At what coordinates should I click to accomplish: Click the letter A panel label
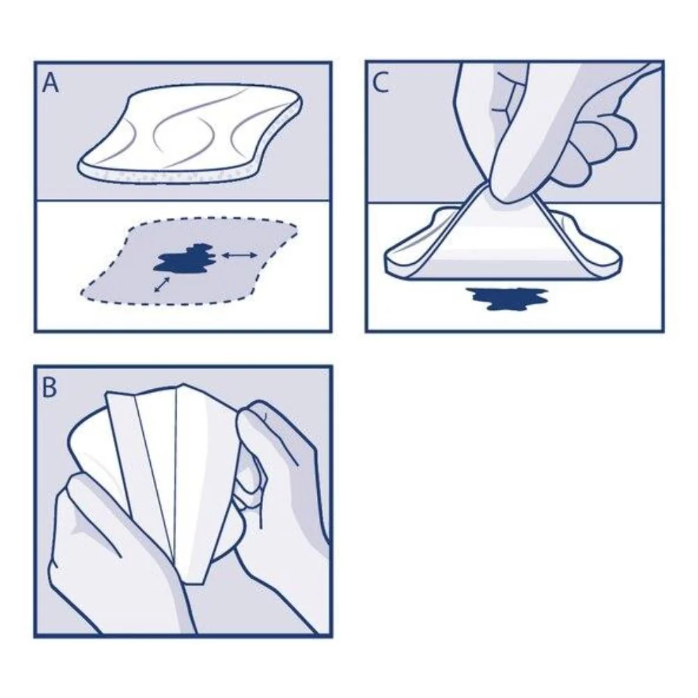coord(50,83)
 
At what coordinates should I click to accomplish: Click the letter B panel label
coord(49,387)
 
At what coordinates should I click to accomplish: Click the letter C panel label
coord(380,83)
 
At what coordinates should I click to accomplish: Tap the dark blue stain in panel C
coord(506,298)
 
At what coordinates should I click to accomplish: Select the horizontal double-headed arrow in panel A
coord(239,255)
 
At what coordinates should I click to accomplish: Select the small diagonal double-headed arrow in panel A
coord(162,285)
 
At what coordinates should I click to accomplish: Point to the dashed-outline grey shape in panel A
coord(189,262)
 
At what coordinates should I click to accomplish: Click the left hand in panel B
coord(120,556)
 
